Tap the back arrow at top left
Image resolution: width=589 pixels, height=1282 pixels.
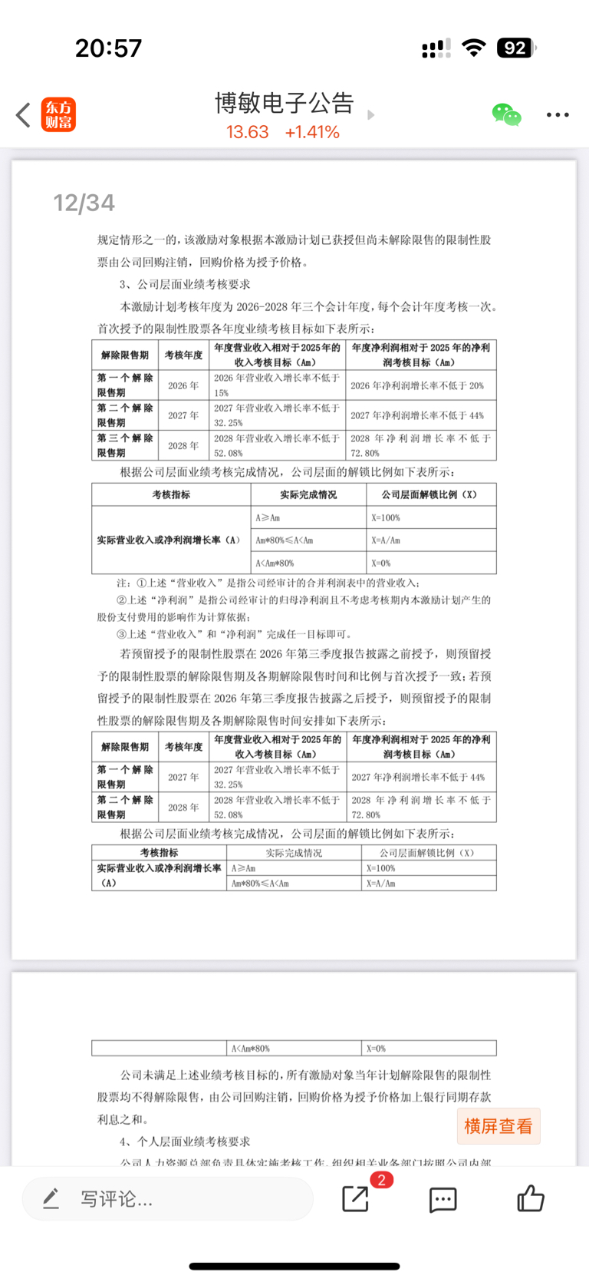(23, 115)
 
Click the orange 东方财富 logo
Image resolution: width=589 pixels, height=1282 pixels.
(58, 115)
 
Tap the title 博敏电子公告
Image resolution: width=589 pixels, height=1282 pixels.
(284, 103)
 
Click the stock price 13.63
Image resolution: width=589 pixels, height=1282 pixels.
(247, 132)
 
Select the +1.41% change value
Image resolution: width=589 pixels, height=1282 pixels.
(312, 132)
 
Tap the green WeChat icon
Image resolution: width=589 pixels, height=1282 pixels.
(506, 115)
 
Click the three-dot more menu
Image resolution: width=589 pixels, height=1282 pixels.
(558, 115)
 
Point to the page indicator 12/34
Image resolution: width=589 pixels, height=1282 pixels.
(84, 203)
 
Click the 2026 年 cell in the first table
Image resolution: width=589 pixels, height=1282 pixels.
(183, 385)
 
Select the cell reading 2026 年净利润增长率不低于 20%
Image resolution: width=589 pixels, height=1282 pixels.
(417, 385)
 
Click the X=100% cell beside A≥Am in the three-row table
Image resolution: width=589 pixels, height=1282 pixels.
(431, 517)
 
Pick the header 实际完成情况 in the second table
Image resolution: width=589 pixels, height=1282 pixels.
(308, 494)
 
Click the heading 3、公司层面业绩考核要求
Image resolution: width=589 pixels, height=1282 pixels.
(185, 284)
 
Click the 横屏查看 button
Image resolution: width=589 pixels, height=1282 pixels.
(499, 1126)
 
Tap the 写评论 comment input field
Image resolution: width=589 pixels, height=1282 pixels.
(167, 1198)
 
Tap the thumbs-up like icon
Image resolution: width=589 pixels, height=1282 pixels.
(530, 1198)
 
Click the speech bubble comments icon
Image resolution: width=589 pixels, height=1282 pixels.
(443, 1199)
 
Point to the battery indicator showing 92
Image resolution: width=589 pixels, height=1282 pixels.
(515, 48)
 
